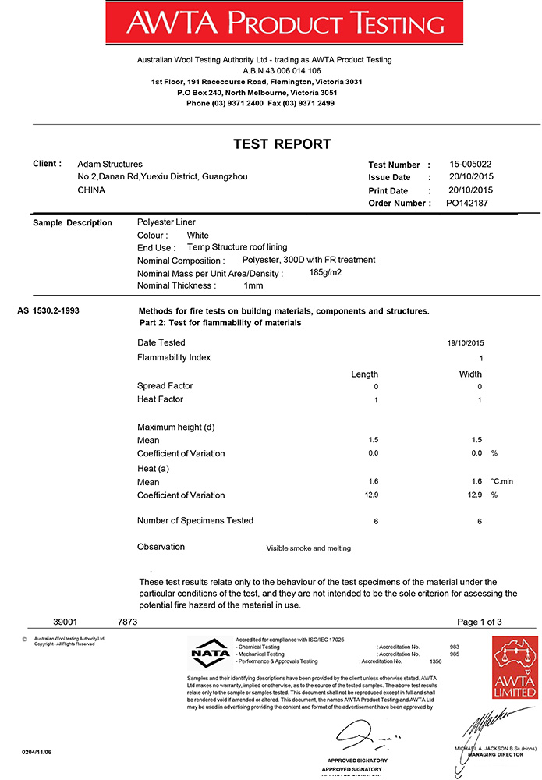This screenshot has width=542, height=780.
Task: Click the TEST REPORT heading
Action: (282, 144)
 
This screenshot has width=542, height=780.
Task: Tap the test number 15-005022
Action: (470, 165)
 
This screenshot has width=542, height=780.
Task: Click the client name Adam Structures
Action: (110, 164)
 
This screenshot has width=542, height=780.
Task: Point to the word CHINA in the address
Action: (91, 190)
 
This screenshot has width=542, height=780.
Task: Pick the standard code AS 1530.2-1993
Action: (48, 310)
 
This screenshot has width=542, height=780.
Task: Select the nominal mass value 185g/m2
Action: (326, 272)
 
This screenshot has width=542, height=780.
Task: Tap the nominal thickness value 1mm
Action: (253, 286)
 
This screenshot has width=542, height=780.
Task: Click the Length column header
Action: (364, 374)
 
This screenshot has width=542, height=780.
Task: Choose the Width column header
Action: (470, 374)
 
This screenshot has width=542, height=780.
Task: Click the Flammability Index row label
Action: (174, 357)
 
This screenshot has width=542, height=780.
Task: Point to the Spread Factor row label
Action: (165, 386)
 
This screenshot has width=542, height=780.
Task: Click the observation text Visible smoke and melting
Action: (308, 548)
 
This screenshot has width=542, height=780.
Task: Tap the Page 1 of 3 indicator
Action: (480, 622)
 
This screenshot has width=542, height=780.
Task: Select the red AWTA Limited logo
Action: (515, 667)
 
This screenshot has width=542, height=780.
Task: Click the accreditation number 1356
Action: (424, 661)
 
